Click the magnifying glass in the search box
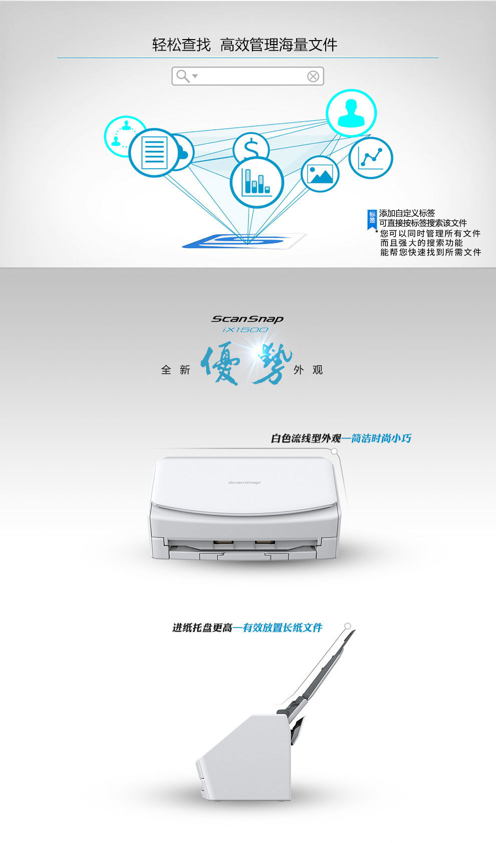[183, 76]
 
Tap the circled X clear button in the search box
[313, 77]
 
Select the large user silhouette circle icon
[351, 113]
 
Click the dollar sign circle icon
[251, 148]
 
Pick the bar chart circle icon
[257, 182]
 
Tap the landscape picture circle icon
[320, 174]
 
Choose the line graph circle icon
[371, 158]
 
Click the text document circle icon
[154, 152]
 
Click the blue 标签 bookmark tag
[372, 219]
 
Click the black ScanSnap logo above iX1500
[247, 319]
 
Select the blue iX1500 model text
[245, 330]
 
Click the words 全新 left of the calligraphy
[175, 370]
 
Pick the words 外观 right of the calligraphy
[308, 370]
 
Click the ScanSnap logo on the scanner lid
[244, 482]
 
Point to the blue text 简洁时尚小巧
[381, 438]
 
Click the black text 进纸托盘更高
[202, 627]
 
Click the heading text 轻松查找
[181, 45]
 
